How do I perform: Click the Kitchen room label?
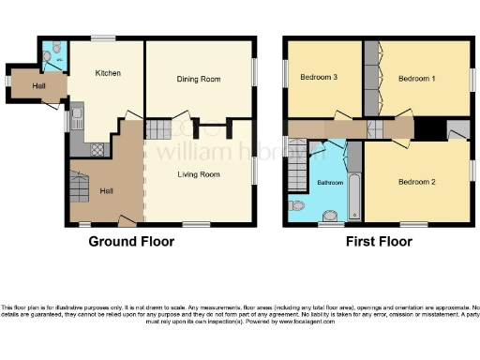tap(109, 72)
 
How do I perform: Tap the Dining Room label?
tap(199, 80)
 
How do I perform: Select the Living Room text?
tap(199, 174)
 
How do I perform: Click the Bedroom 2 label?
tap(417, 181)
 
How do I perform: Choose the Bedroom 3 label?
tap(319, 77)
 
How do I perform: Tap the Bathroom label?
tap(329, 183)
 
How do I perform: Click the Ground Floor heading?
tap(131, 242)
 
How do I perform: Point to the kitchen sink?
tap(77, 118)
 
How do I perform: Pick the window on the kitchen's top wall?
tap(103, 38)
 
